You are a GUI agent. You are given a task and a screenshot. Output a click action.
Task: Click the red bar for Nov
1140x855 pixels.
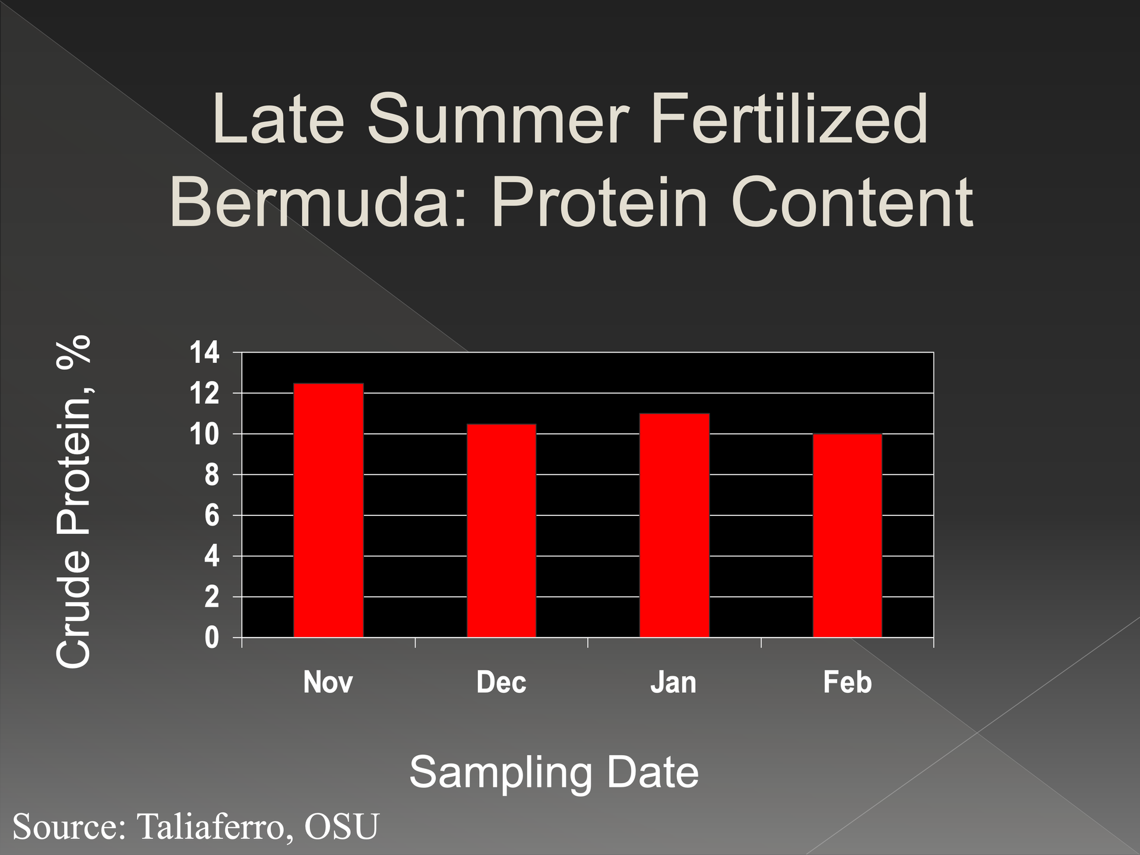click(x=328, y=511)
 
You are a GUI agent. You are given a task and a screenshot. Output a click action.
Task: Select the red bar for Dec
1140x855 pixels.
click(x=502, y=531)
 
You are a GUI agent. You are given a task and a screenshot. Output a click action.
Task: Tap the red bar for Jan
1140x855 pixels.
click(x=674, y=525)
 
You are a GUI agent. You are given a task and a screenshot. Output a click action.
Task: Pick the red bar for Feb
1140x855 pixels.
click(x=847, y=536)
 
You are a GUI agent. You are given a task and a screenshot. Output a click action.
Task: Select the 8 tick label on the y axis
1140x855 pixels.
click(x=213, y=476)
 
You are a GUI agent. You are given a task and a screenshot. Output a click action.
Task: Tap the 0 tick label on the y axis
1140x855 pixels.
click(x=213, y=638)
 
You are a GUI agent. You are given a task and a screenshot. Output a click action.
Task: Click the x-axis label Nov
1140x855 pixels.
click(x=328, y=682)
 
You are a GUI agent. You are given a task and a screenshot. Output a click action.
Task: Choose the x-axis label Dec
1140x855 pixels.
click(x=501, y=682)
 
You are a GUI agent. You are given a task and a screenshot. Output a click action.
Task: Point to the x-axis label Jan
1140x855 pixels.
click(x=673, y=682)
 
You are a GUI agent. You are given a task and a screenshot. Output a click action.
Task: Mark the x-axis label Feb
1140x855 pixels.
click(x=847, y=682)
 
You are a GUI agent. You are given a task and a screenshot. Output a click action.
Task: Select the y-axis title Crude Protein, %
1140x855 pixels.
click(x=74, y=501)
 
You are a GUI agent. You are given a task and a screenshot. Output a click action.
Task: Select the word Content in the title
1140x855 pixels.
click(x=851, y=202)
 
